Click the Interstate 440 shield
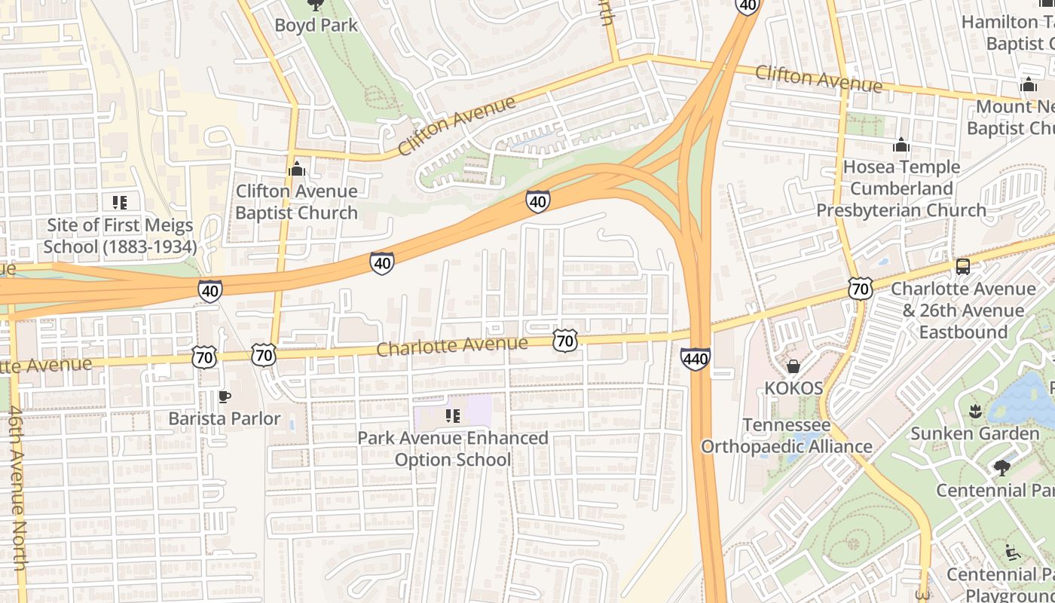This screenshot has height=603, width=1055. pos(695,358)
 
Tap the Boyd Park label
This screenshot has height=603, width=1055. pos(316,25)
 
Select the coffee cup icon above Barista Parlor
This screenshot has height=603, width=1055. pos(224,396)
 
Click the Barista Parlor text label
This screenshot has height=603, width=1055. pos(224,418)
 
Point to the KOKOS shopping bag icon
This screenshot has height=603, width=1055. pos(793,366)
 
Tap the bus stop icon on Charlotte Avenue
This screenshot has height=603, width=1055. pos(962,266)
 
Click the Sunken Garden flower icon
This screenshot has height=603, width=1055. pos(974,412)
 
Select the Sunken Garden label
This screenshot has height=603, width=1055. pos(974,433)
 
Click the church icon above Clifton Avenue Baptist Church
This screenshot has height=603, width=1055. pos(296,169)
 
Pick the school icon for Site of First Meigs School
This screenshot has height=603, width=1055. pos(119,202)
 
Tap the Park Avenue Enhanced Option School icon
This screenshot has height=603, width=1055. pos(452,416)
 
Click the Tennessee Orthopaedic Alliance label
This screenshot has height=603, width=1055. pos(787,436)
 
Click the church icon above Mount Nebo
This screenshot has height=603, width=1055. pos(1029,84)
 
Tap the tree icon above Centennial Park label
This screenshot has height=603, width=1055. pos(1001,468)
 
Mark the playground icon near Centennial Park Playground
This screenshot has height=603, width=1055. pos(1013,552)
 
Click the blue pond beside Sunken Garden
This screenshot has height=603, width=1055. pos(1021,396)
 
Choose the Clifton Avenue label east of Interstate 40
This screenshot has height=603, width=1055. pos(818,78)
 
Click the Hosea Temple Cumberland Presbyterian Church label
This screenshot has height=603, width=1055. pos(901,188)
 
